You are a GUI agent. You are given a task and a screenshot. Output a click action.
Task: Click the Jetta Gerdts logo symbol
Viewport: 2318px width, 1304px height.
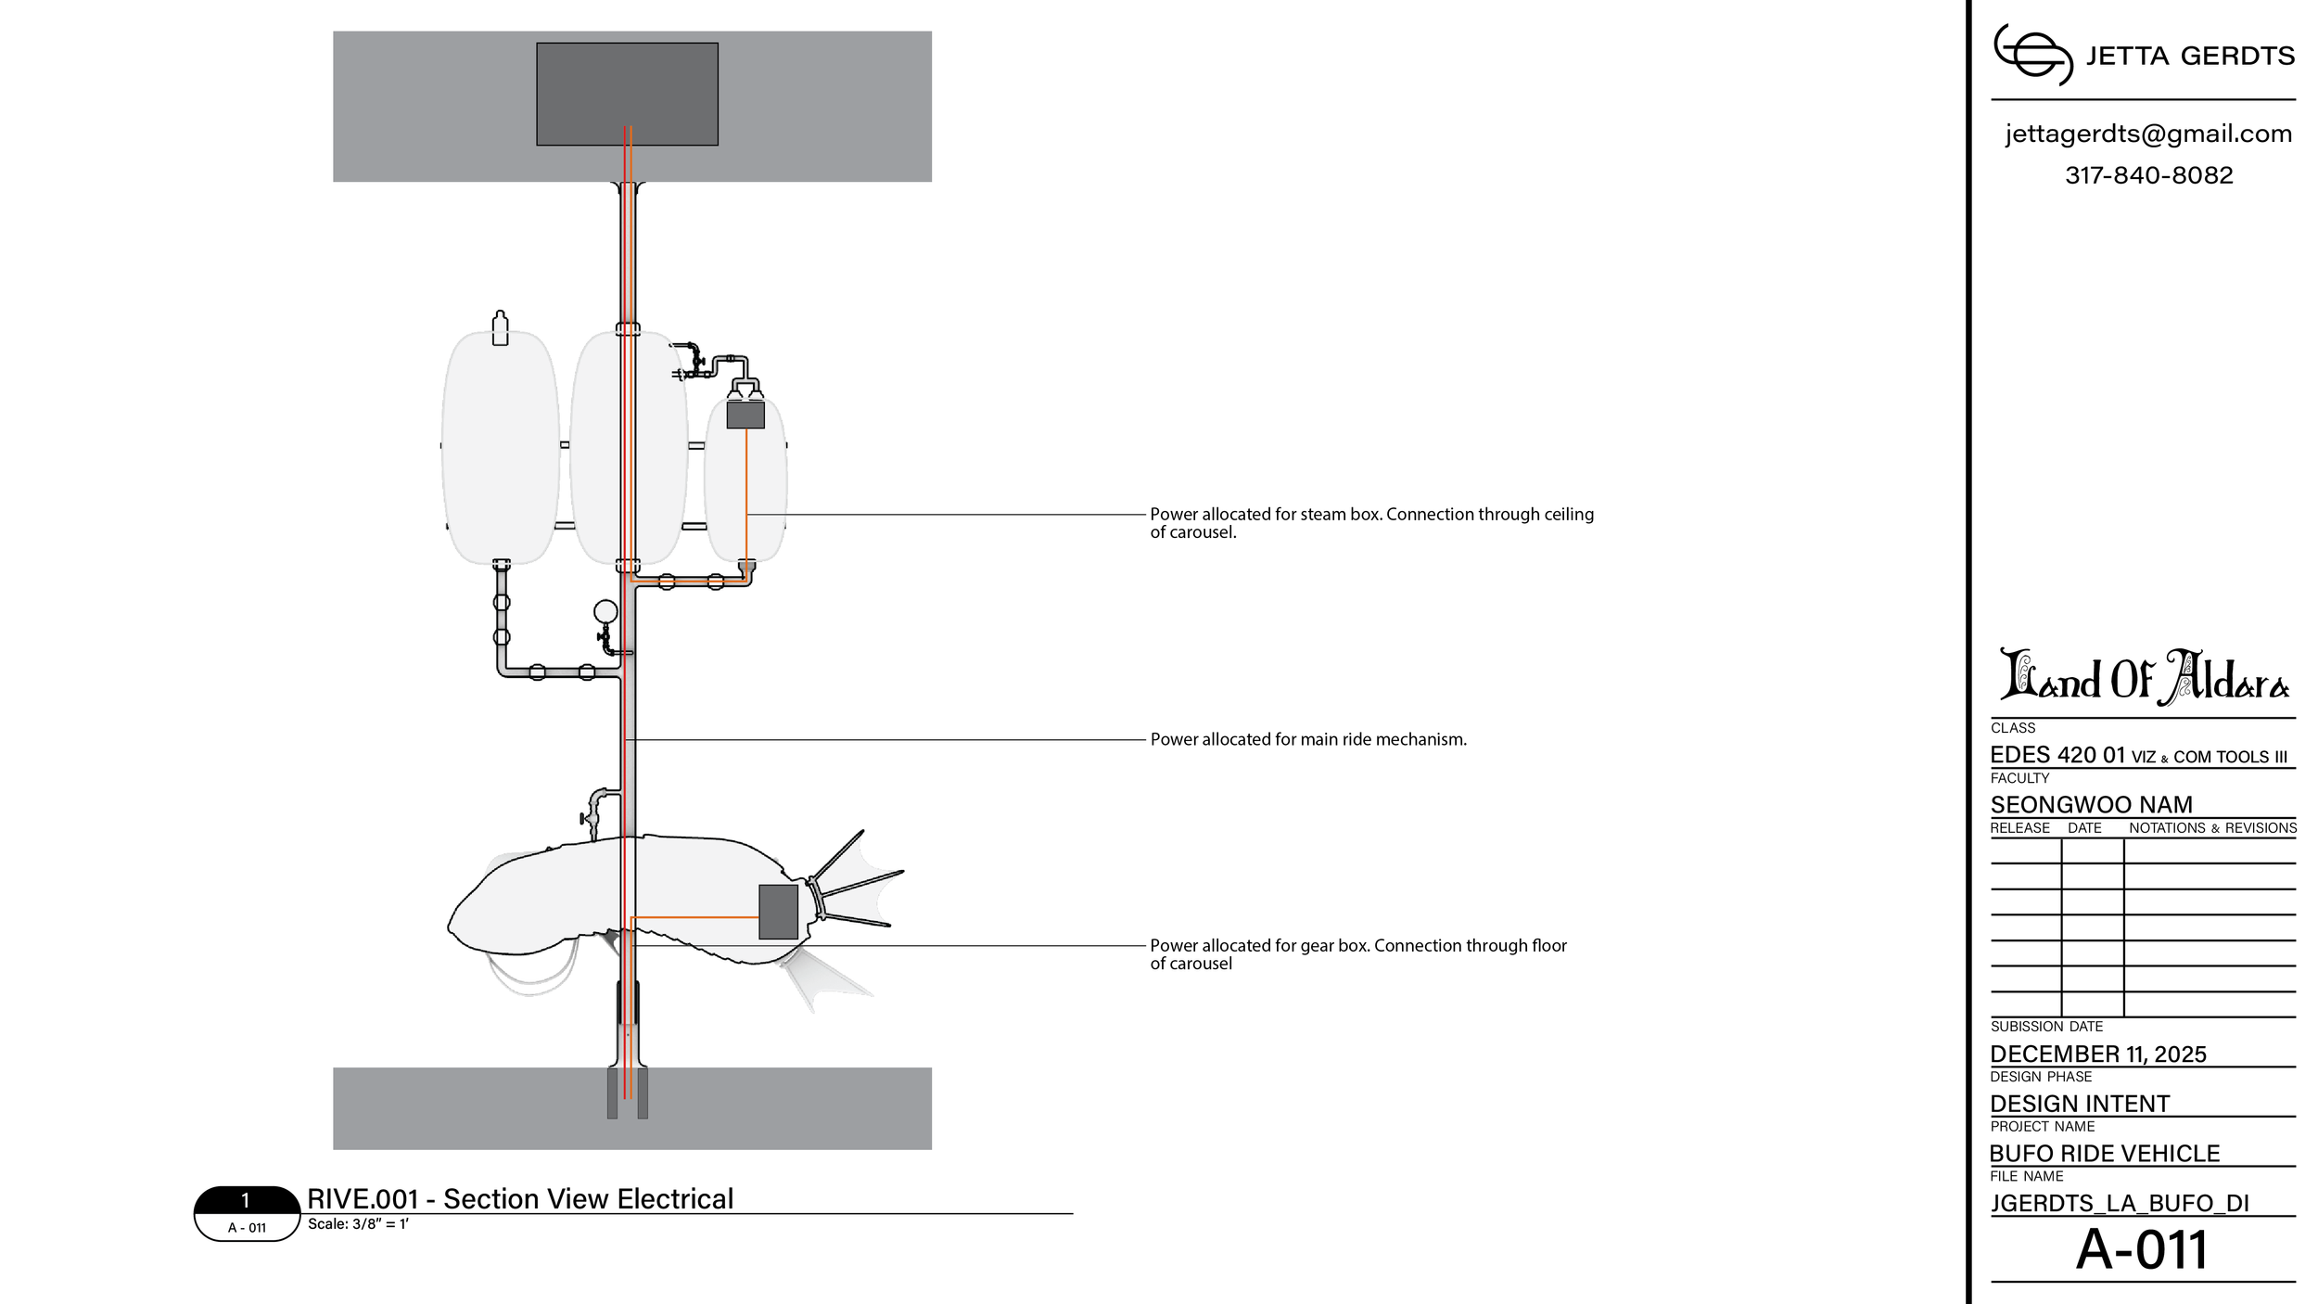pyautogui.click(x=2032, y=55)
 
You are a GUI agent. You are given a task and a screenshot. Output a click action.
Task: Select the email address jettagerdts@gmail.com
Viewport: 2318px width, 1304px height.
pyautogui.click(x=2148, y=134)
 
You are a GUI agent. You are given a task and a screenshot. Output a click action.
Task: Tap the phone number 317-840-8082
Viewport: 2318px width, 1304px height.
pyautogui.click(x=2148, y=175)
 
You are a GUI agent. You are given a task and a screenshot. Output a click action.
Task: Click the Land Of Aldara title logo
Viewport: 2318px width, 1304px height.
pyautogui.click(x=2144, y=677)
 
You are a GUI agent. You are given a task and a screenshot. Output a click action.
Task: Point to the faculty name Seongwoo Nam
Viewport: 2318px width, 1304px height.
pyautogui.click(x=2091, y=805)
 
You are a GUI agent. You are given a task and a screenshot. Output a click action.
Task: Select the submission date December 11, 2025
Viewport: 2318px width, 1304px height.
pyautogui.click(x=2098, y=1055)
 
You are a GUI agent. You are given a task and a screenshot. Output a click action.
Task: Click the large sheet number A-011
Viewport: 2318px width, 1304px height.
pyautogui.click(x=2142, y=1249)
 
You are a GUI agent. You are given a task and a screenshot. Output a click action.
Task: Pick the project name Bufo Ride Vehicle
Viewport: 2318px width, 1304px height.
pyautogui.click(x=2104, y=1154)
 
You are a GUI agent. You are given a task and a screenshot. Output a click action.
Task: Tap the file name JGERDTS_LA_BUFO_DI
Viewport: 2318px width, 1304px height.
pyautogui.click(x=2120, y=1204)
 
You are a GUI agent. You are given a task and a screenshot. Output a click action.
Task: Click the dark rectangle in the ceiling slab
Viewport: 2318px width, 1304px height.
pyautogui.click(x=627, y=94)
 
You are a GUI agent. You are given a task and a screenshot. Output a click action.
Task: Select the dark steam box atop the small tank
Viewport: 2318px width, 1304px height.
pyautogui.click(x=745, y=415)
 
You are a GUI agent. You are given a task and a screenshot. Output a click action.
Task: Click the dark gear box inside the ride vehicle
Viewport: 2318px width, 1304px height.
pyautogui.click(x=778, y=912)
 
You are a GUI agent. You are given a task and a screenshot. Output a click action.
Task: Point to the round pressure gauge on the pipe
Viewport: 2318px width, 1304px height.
pyautogui.click(x=605, y=611)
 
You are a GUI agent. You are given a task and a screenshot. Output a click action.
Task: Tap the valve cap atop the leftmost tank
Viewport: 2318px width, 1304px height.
pyautogui.click(x=501, y=328)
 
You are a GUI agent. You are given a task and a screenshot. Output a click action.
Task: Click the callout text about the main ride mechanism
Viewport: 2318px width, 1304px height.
pyautogui.click(x=1308, y=740)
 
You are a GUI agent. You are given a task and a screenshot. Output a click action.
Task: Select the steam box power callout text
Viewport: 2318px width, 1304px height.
pyautogui.click(x=1372, y=523)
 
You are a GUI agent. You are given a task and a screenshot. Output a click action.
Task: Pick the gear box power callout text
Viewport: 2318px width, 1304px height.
pyautogui.click(x=1358, y=954)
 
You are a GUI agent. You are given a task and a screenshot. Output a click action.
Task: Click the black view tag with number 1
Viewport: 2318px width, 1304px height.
pyautogui.click(x=246, y=1200)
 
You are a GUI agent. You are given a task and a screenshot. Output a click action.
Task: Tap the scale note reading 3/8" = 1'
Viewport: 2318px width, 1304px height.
pyautogui.click(x=358, y=1224)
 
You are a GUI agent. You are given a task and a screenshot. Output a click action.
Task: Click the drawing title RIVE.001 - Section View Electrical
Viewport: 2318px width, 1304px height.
pyautogui.click(x=520, y=1199)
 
